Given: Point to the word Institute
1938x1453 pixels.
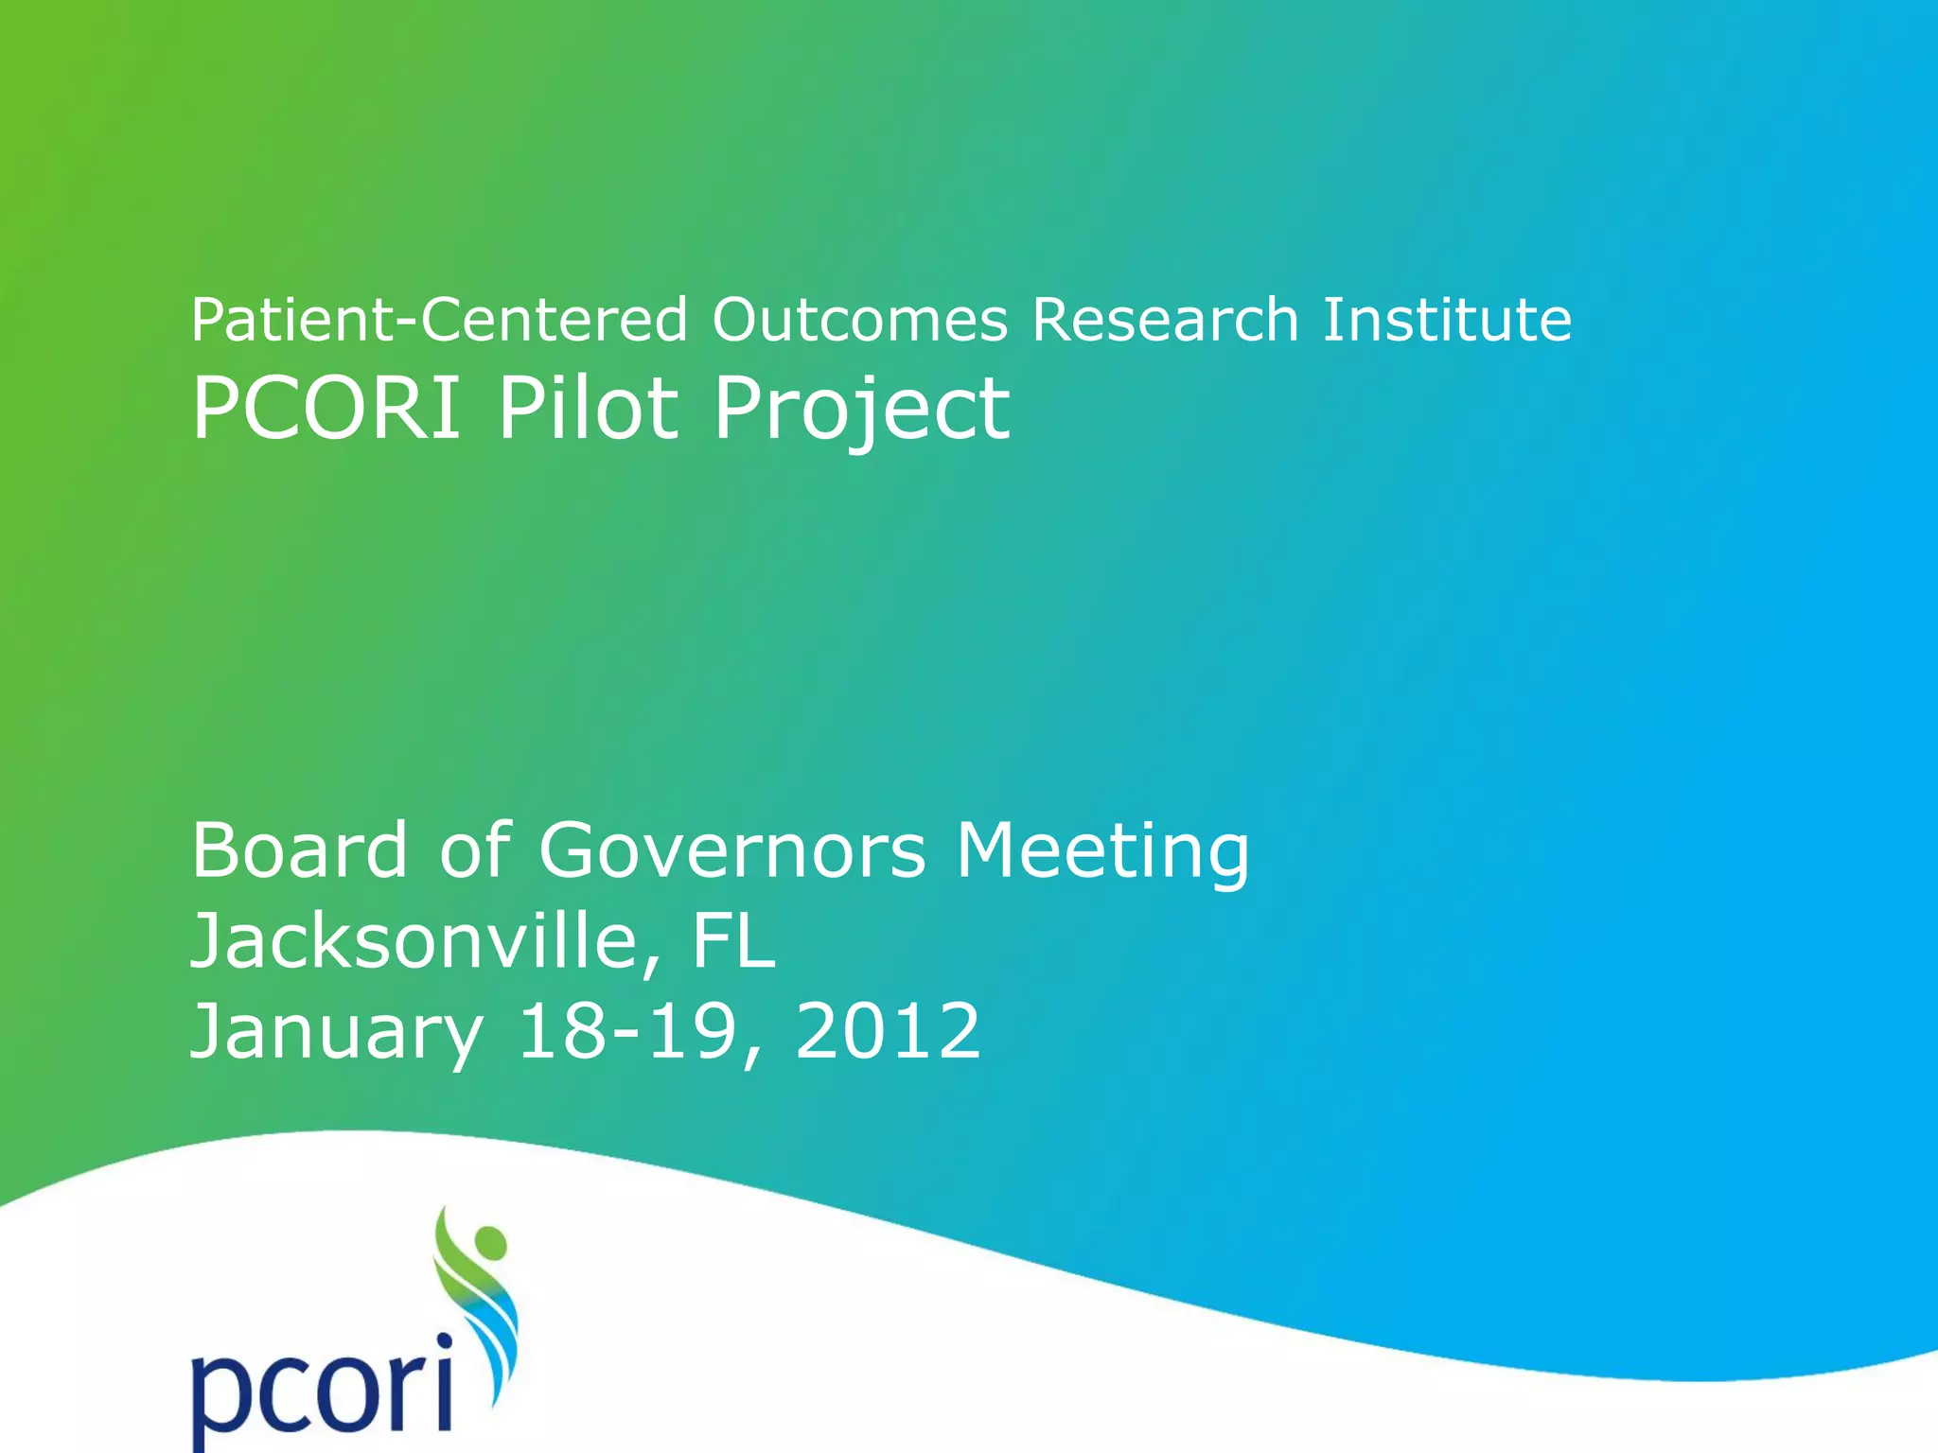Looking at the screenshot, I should [x=1446, y=320].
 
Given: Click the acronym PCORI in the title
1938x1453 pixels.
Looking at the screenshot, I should [x=326, y=409].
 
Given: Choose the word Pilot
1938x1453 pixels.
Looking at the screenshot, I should [x=588, y=409].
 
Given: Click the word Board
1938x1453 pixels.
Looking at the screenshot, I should [x=299, y=849].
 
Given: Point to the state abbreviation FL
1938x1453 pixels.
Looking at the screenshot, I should [x=733, y=941].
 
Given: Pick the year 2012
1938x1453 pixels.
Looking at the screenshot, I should [x=888, y=1031].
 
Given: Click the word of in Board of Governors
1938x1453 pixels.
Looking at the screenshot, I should [x=474, y=849].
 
